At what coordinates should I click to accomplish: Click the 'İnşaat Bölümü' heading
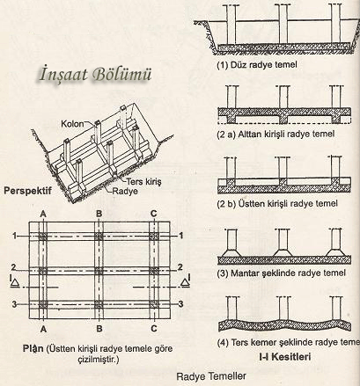tap(96, 74)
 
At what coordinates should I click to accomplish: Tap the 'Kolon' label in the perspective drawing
tap(72, 124)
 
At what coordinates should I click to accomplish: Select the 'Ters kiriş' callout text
tap(143, 181)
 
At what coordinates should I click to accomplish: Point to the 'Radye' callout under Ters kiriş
tap(125, 191)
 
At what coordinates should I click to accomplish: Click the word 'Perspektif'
tap(27, 191)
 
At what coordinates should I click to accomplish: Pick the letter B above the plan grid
tap(99, 214)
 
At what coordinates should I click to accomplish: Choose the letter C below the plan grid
tap(154, 328)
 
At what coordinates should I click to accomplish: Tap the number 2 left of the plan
tap(14, 267)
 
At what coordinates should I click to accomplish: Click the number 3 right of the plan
tap(181, 303)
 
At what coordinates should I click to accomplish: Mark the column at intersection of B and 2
tap(99, 271)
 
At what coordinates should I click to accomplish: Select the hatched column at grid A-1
tap(43, 237)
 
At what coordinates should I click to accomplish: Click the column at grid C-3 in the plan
tap(154, 304)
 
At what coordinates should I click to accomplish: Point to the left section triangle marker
tap(15, 282)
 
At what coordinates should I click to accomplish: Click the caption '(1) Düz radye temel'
tap(257, 64)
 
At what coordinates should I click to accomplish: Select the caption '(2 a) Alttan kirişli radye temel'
tap(276, 135)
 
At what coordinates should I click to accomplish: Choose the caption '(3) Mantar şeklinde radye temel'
tap(281, 273)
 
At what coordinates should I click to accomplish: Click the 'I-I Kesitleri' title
tap(284, 357)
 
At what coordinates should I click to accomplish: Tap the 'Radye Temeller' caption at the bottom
tap(211, 375)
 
